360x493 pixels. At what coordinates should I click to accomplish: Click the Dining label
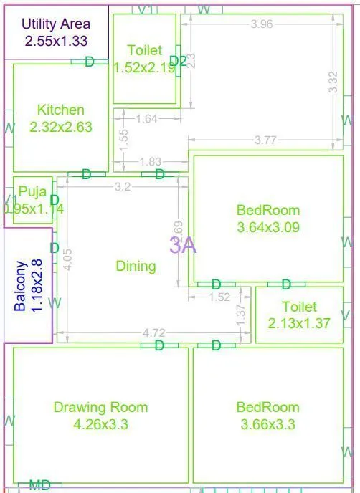(x=136, y=267)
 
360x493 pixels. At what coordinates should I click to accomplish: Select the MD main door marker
(x=40, y=486)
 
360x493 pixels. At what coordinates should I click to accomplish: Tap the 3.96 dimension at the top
(x=262, y=24)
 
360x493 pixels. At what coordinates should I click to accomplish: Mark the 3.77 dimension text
(x=265, y=140)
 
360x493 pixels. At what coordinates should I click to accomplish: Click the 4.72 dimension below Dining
(x=154, y=332)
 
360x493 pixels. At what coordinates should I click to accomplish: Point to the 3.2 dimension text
(x=123, y=188)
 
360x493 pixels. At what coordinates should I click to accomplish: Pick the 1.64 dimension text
(x=146, y=119)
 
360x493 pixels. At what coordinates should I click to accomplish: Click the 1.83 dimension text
(x=151, y=162)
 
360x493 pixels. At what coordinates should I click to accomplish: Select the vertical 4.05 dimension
(x=67, y=258)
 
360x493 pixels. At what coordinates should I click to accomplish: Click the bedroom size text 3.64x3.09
(x=267, y=228)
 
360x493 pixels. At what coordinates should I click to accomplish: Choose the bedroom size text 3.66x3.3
(x=267, y=424)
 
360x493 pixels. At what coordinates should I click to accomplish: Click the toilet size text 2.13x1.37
(x=299, y=323)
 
